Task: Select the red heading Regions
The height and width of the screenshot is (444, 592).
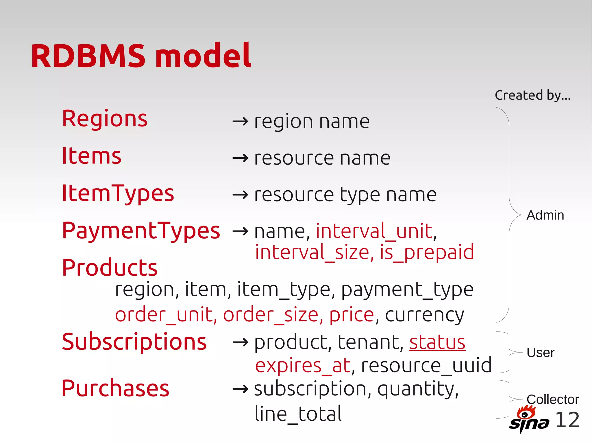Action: (x=105, y=119)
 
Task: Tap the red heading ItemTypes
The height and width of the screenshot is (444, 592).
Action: (x=118, y=193)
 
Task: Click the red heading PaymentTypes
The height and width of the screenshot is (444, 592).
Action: (x=141, y=231)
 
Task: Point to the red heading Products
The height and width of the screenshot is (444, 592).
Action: (x=110, y=268)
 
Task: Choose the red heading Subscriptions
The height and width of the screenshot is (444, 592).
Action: (x=134, y=342)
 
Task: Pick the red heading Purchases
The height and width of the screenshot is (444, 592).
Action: (x=115, y=388)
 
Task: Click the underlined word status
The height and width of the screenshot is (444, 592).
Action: (x=437, y=342)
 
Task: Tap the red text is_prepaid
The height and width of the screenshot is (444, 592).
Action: (x=427, y=252)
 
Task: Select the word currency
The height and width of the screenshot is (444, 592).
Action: (x=424, y=315)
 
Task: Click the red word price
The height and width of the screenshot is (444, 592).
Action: (x=351, y=315)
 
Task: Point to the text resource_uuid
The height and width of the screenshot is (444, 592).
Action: (x=426, y=365)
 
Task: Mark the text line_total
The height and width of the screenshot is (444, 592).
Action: (x=298, y=414)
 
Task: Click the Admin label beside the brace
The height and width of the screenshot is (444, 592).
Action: (x=545, y=215)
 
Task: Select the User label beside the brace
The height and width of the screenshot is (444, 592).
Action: (x=540, y=353)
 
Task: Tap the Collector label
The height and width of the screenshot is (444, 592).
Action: (x=552, y=399)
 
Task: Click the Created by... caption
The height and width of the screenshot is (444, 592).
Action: (x=532, y=95)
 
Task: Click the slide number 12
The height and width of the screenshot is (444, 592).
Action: (x=567, y=420)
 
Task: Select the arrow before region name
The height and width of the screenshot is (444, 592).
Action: (x=240, y=121)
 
